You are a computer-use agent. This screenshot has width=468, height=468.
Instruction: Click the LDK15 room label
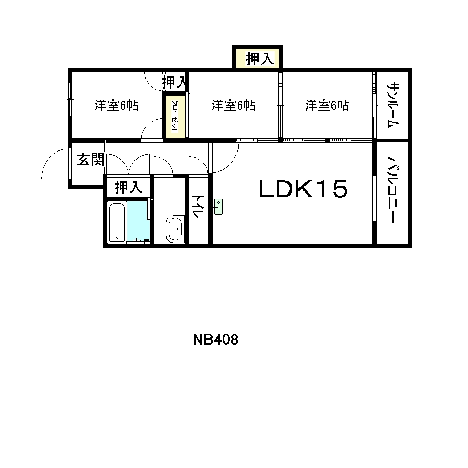pyautogui.click(x=303, y=189)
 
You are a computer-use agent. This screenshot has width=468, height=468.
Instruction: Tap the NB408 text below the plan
pyautogui.click(x=216, y=340)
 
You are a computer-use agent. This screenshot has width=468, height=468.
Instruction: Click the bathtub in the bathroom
pyautogui.click(x=117, y=222)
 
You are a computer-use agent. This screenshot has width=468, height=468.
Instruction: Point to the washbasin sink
pyautogui.click(x=175, y=229)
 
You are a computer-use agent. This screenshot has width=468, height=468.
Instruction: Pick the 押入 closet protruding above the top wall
pyautogui.click(x=260, y=58)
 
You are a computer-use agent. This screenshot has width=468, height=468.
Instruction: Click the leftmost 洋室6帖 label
pyautogui.click(x=116, y=106)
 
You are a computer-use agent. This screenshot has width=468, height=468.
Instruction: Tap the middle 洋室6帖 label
pyautogui.click(x=233, y=106)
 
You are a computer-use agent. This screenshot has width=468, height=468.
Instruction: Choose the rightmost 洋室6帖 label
pyautogui.click(x=327, y=106)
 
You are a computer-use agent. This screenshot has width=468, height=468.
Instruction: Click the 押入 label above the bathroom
pyautogui.click(x=128, y=187)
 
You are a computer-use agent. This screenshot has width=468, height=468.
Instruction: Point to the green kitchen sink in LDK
pyautogui.click(x=218, y=207)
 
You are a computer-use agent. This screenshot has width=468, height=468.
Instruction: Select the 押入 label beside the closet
pyautogui.click(x=174, y=83)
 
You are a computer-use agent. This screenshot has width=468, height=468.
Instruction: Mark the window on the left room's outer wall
pyautogui.click(x=70, y=99)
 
